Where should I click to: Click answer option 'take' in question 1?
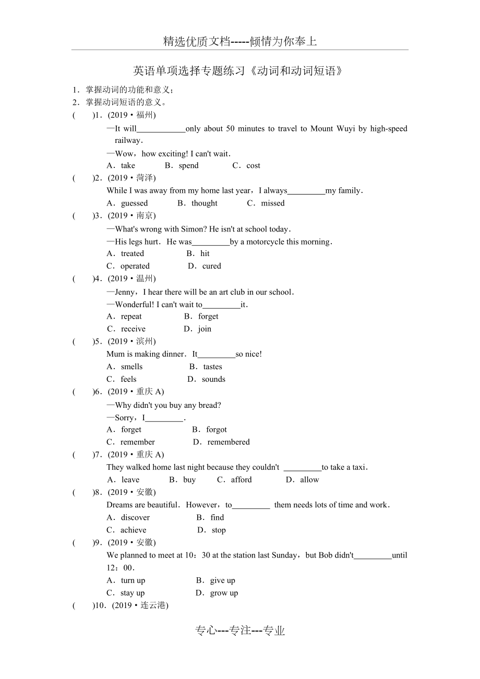point(128,165)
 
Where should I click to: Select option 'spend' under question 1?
point(188,165)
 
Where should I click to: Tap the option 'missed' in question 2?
point(273,203)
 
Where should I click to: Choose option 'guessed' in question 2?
point(134,203)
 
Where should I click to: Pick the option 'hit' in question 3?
point(205,253)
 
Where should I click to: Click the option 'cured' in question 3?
point(212,266)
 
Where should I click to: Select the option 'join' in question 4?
point(205,329)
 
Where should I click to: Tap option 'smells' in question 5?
point(131,367)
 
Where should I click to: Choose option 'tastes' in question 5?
point(212,367)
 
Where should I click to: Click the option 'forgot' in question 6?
point(217,429)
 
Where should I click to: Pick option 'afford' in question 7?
point(241,480)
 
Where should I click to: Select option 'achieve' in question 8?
point(134,530)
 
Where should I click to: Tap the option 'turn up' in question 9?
point(133,580)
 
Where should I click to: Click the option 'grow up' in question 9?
point(224,593)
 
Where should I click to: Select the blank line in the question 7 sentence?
point(302,468)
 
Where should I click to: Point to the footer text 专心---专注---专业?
point(240,630)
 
